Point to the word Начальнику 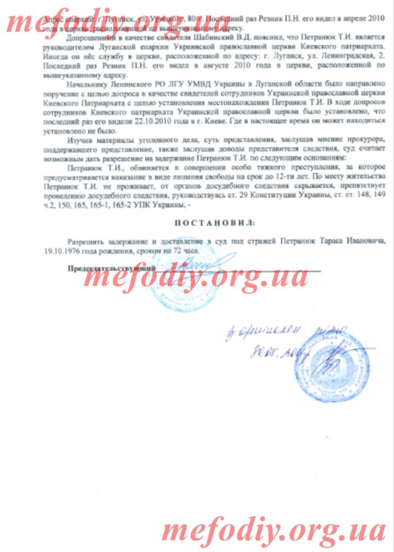tap(87, 85)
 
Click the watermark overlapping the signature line tap(196, 278)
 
